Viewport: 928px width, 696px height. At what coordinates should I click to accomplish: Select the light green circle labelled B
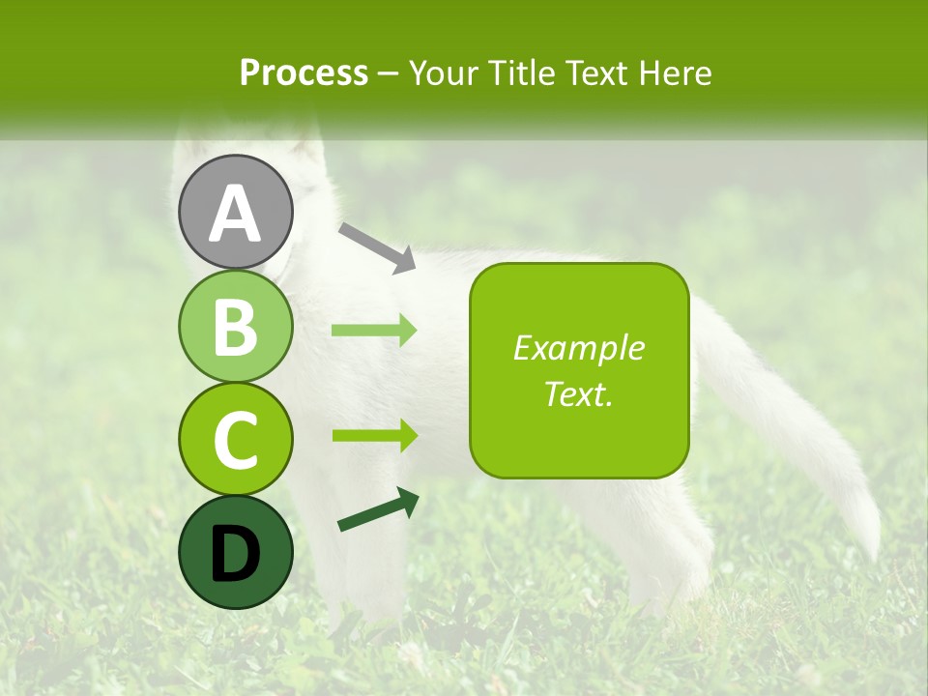[x=236, y=326]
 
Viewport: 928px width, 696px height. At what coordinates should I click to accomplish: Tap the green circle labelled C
[x=236, y=439]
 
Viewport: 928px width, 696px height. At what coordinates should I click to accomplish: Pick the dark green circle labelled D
[x=236, y=552]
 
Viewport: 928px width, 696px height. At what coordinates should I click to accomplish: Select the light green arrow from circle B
[x=374, y=331]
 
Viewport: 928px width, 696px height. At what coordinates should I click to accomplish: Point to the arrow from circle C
[x=374, y=435]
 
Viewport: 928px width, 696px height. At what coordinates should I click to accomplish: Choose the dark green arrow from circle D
[x=378, y=510]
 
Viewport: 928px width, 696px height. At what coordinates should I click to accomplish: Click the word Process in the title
[x=304, y=72]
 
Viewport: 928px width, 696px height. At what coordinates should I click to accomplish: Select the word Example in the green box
[x=578, y=348]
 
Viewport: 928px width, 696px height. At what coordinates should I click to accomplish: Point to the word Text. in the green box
[x=578, y=393]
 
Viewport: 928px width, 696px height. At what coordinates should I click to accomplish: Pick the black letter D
[x=236, y=554]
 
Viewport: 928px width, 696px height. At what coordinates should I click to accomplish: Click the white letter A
[x=236, y=213]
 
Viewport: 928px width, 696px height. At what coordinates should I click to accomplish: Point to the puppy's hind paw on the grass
[x=667, y=590]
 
